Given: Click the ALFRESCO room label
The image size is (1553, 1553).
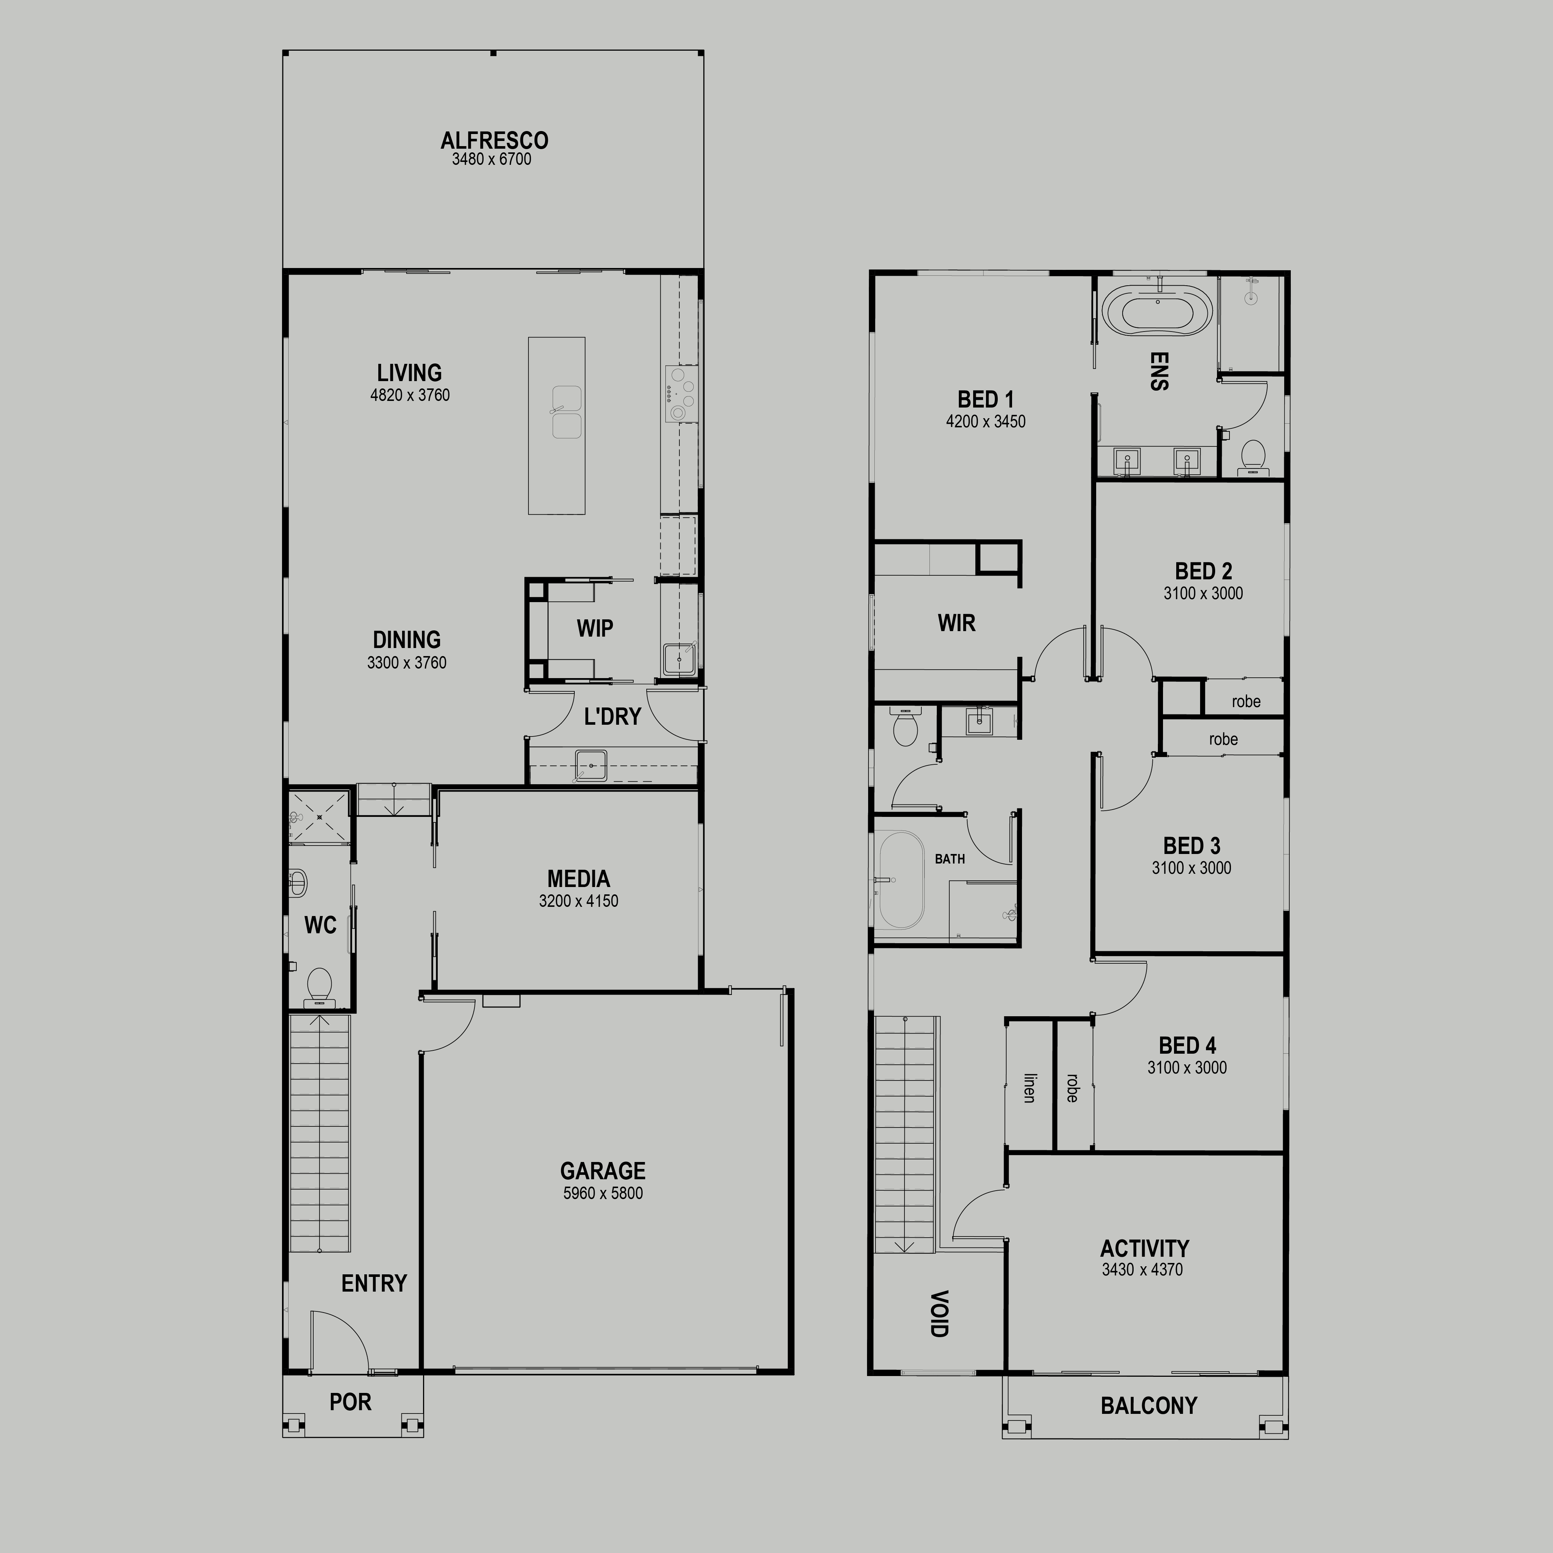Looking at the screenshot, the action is (x=494, y=141).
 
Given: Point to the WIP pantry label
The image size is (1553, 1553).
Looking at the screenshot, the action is (x=595, y=628).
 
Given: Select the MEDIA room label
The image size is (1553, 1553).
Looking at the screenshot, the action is (x=579, y=879).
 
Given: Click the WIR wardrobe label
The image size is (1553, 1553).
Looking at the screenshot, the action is (x=957, y=623).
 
